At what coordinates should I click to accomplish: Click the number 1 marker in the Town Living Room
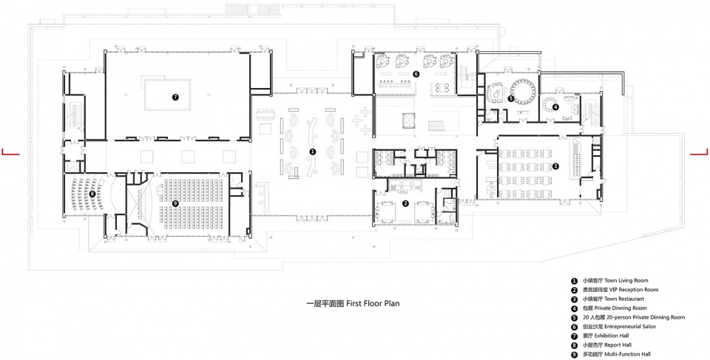(x=312, y=152)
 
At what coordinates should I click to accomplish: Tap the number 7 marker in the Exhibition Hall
(x=175, y=96)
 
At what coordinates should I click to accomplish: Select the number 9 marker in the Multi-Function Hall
(x=176, y=204)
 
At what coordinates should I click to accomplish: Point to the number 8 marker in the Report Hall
(x=92, y=194)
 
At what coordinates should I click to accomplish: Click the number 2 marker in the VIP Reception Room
(x=406, y=204)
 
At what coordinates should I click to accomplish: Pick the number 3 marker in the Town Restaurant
(x=555, y=166)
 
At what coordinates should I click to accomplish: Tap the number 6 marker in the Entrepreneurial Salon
(x=416, y=73)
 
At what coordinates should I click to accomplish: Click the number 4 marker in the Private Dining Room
(x=555, y=107)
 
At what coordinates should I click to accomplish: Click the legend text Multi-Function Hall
(x=628, y=354)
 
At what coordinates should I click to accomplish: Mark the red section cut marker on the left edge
(x=10, y=153)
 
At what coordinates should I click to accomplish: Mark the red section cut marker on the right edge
(x=700, y=153)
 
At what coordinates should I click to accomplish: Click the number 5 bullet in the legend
(x=574, y=317)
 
